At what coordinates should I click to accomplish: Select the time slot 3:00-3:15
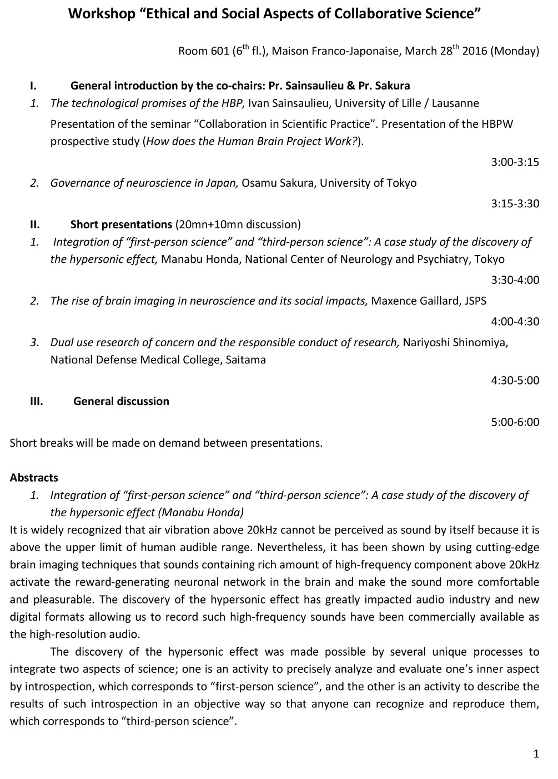point(515,162)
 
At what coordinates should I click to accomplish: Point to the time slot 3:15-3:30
point(515,203)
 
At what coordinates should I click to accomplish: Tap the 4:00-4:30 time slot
point(515,321)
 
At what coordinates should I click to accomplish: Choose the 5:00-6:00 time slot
point(515,422)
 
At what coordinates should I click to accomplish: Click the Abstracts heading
point(34,477)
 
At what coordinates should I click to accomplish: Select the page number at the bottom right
point(536,754)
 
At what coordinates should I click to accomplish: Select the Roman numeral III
point(37,401)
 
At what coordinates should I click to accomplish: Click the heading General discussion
point(121,401)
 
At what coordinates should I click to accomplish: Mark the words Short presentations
point(121,224)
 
